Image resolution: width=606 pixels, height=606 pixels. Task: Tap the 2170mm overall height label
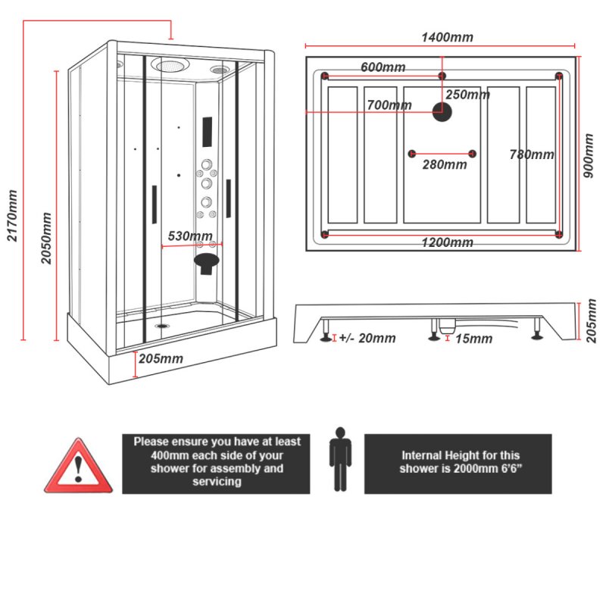(13, 216)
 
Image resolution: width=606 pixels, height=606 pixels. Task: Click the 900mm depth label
(589, 156)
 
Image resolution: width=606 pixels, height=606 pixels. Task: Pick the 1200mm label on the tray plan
(447, 242)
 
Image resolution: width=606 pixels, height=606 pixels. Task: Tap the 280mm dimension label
(444, 164)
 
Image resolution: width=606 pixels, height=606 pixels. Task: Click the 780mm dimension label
(531, 155)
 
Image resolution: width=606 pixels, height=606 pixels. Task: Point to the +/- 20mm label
(367, 339)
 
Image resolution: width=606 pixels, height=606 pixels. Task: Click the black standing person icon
(340, 458)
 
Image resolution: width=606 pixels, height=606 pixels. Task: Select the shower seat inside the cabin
(206, 262)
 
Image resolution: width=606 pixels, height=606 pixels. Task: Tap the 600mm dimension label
(383, 67)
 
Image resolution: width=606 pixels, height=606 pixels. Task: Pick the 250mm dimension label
(467, 95)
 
